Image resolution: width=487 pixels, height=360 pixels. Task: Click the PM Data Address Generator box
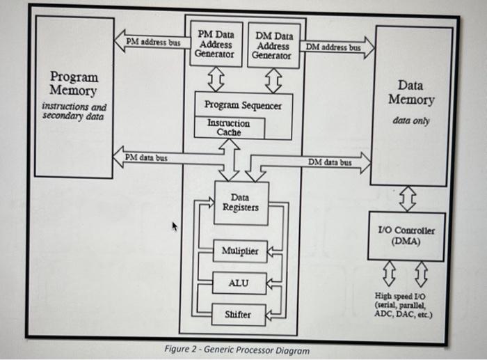pyautogui.click(x=216, y=44)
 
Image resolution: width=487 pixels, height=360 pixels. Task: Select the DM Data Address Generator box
pyautogui.click(x=274, y=45)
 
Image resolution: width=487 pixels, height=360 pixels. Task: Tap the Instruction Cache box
pyautogui.click(x=228, y=127)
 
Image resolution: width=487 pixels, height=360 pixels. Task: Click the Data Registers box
pyautogui.click(x=241, y=203)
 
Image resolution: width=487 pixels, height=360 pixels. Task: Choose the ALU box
pyautogui.click(x=239, y=283)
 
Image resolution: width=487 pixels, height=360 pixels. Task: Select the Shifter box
pyautogui.click(x=239, y=315)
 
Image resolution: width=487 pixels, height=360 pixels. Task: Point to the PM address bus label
pyautogui.click(x=152, y=42)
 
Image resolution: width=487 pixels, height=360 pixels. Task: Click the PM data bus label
pyautogui.click(x=145, y=158)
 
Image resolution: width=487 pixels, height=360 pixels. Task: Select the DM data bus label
pyautogui.click(x=330, y=162)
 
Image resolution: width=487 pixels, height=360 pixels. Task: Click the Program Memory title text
pyautogui.click(x=74, y=84)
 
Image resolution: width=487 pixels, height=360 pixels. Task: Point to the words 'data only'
pyautogui.click(x=410, y=120)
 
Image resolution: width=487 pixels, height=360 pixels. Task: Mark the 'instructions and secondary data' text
pyautogui.click(x=74, y=111)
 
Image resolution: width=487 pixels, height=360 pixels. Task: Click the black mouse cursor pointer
pyautogui.click(x=175, y=226)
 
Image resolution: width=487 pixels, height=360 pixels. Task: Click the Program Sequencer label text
pyautogui.click(x=243, y=105)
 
